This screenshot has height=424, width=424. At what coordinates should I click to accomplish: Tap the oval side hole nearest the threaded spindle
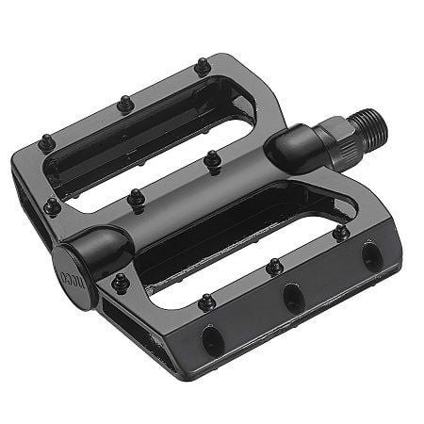(370, 254)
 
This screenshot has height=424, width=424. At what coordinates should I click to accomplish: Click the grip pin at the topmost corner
(202, 67)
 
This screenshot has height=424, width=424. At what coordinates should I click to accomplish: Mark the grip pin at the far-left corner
(45, 143)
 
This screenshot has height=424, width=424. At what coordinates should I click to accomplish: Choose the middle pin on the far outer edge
(124, 103)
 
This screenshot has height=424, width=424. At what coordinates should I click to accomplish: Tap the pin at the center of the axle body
(137, 199)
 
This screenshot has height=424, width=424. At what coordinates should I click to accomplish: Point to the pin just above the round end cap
(53, 205)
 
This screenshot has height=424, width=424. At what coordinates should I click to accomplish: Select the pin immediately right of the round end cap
(120, 282)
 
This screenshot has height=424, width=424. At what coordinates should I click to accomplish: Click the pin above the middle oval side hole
(274, 267)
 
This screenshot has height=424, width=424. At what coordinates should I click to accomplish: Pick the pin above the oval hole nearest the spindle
(340, 230)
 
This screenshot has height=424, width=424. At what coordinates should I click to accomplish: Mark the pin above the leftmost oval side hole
(206, 302)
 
